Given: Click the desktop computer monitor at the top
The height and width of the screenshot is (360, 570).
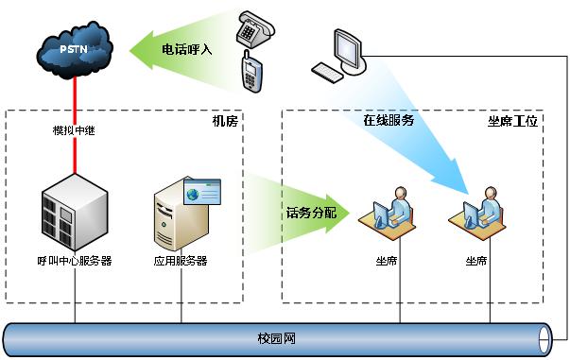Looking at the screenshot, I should click(347, 45).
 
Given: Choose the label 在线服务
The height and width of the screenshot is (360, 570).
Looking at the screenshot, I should click(389, 121).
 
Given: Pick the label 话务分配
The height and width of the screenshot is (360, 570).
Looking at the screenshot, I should click(310, 214).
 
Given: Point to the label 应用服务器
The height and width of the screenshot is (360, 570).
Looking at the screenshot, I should click(181, 261).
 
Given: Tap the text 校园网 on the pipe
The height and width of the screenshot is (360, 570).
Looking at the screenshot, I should click(275, 338).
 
